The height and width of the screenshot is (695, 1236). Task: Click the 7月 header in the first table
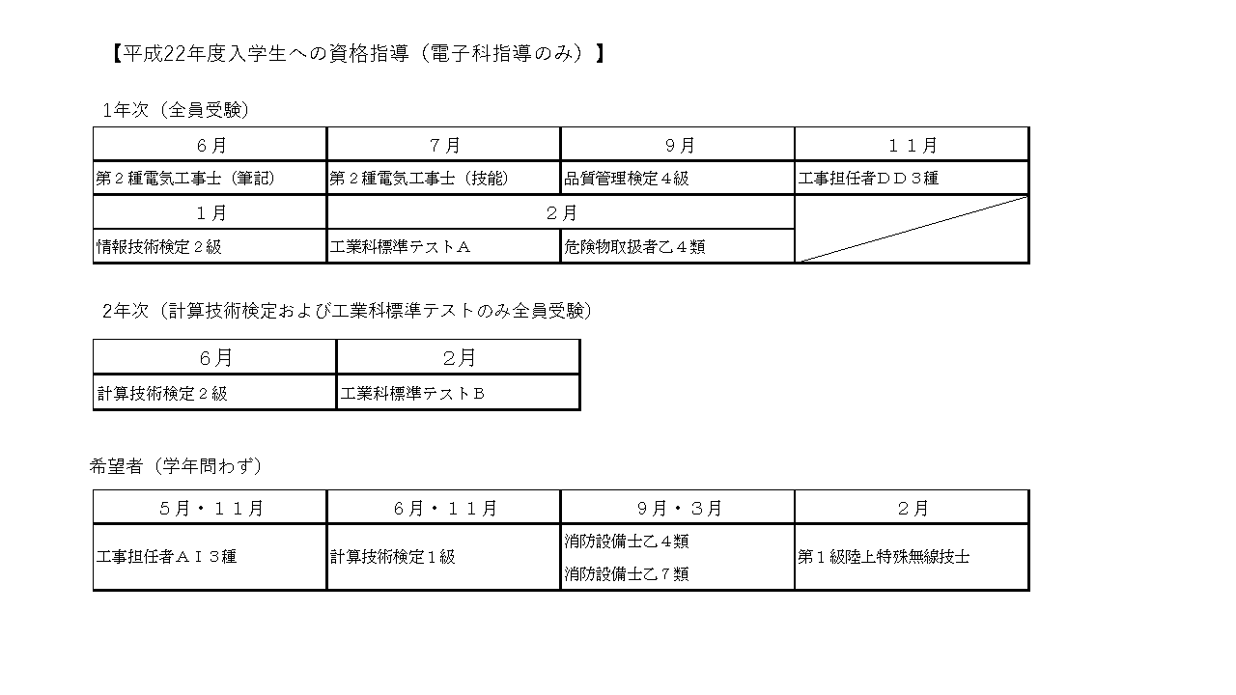[444, 145]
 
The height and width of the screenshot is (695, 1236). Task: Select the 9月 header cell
[679, 145]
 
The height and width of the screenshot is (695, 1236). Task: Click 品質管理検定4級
[627, 179]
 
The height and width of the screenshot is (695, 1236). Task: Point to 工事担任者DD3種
[868, 179]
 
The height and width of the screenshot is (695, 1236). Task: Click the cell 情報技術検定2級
[159, 246]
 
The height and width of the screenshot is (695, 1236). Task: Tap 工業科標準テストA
[400, 246]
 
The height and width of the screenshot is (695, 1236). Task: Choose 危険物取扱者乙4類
[634, 246]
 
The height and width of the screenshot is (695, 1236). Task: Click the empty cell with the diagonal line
[913, 229]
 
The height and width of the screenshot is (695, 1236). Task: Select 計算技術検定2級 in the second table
[162, 393]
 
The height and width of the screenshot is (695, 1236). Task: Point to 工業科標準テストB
[412, 393]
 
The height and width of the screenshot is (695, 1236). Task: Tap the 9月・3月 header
[679, 508]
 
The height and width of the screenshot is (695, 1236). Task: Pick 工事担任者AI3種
[166, 557]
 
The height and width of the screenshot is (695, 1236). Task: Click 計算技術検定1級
[393, 557]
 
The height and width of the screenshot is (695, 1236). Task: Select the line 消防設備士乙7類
[627, 574]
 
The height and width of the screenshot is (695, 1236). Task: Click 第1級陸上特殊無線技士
[884, 557]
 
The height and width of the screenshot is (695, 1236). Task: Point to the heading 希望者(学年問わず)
[176, 466]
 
